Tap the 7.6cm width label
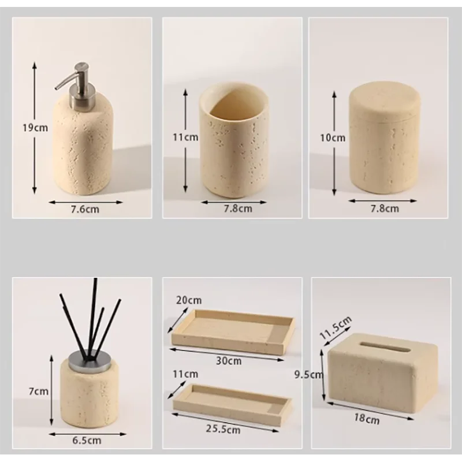coord(85,209)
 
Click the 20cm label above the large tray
coord(188,300)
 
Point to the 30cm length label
coord(229,361)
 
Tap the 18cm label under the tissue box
coord(370,419)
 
